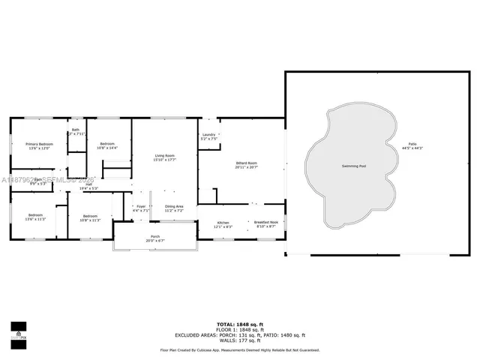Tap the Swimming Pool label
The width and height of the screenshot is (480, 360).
[x=354, y=165]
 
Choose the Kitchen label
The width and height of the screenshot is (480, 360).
[x=223, y=224]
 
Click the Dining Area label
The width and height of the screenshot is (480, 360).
[x=174, y=208]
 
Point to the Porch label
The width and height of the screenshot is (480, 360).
[x=155, y=238]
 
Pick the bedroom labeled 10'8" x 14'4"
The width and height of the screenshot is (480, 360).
[x=108, y=145]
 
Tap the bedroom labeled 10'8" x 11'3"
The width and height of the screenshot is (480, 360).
[x=94, y=218]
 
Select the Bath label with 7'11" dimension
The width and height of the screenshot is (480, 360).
[x=76, y=132]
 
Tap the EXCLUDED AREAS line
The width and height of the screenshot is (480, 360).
[x=240, y=334]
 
